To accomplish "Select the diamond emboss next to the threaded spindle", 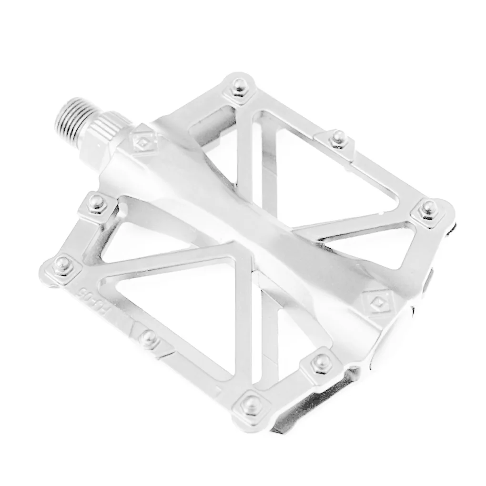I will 142,142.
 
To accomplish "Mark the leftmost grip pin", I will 62,263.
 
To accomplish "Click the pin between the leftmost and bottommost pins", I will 149,338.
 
